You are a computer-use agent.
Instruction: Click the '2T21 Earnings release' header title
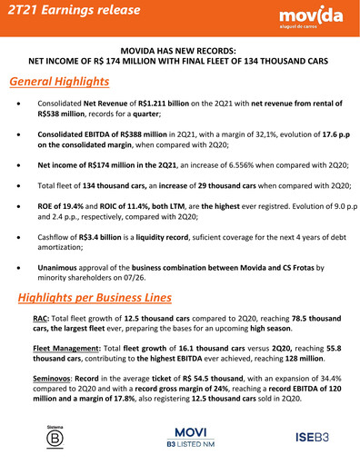click(73, 11)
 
